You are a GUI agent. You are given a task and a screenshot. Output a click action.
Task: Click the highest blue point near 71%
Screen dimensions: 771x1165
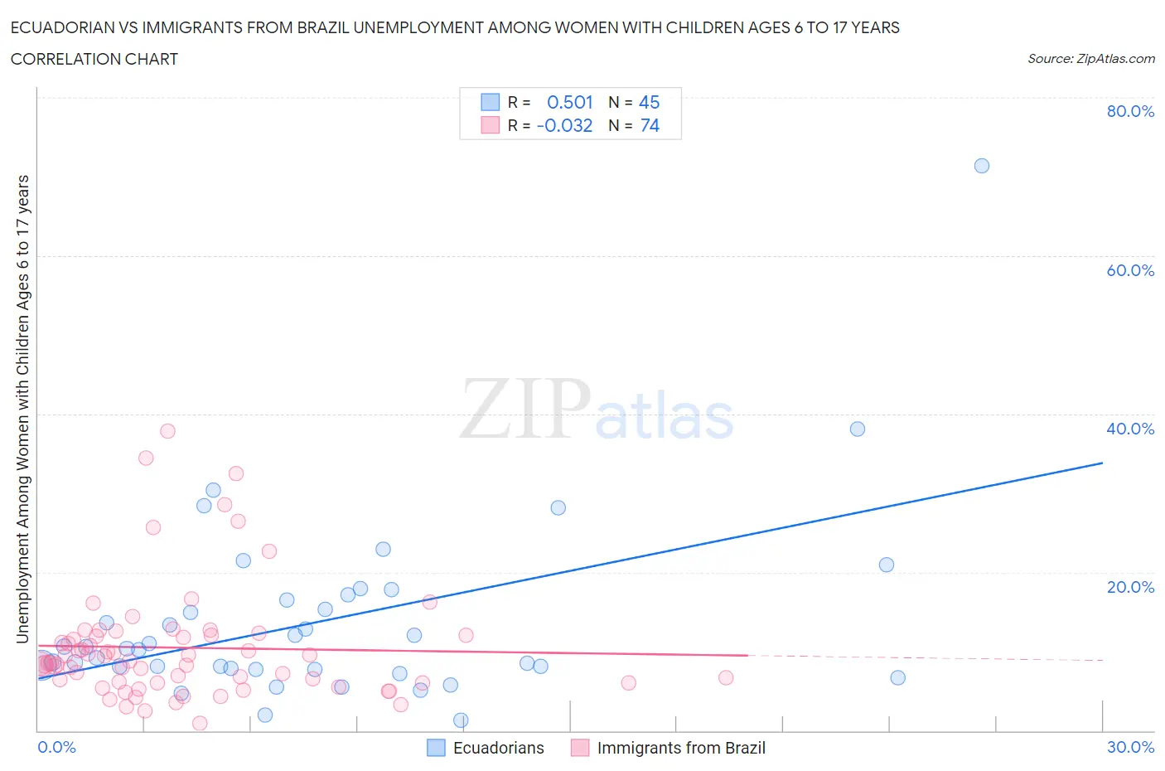click(981, 166)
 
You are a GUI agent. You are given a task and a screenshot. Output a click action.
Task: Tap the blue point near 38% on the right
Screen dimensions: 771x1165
click(858, 429)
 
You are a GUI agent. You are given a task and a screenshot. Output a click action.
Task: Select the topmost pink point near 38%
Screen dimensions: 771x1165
click(167, 431)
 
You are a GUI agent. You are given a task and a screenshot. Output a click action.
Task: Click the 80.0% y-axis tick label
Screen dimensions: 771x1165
click(1130, 111)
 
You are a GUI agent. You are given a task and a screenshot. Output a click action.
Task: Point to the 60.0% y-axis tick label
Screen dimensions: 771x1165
click(1130, 270)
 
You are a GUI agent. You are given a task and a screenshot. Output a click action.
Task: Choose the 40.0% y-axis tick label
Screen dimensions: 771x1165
click(1130, 429)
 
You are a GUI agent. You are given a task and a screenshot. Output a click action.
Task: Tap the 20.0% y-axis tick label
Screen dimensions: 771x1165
click(1130, 587)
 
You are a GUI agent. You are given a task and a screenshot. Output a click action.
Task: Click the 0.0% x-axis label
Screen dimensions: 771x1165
click(56, 747)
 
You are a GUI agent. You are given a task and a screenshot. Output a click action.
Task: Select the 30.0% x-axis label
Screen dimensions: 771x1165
click(1130, 747)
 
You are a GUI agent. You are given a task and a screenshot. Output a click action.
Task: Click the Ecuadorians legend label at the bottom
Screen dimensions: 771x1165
click(498, 748)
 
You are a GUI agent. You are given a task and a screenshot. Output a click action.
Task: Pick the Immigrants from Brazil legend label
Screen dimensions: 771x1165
click(681, 748)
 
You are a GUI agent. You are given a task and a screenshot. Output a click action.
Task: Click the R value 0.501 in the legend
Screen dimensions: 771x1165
click(570, 102)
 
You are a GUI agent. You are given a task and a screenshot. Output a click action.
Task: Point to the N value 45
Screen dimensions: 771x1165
click(649, 102)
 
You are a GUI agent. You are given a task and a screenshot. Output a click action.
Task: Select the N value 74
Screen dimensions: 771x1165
click(650, 125)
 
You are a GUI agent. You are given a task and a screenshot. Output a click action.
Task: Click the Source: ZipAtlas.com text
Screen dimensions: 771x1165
click(1090, 58)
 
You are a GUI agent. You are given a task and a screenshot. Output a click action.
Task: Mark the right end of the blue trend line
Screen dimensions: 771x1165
click(1102, 463)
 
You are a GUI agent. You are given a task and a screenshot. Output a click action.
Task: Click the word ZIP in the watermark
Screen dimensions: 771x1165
click(525, 408)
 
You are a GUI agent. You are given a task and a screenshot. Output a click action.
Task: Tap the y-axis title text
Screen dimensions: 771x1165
click(22, 410)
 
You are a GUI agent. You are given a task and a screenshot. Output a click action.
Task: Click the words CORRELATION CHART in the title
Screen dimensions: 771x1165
click(94, 59)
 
